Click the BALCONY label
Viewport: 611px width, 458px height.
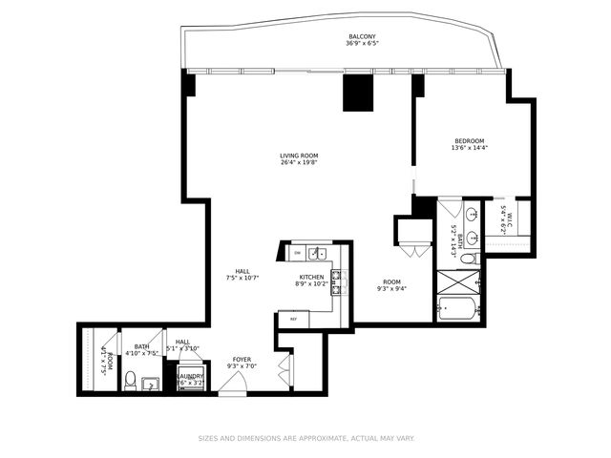tap(362, 37)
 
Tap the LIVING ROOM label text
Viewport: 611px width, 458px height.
tap(299, 156)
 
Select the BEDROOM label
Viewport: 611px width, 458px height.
tap(469, 140)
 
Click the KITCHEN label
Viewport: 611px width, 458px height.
tap(312, 277)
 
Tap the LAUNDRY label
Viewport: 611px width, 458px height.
tap(190, 376)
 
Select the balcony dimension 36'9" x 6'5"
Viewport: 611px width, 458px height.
tap(362, 44)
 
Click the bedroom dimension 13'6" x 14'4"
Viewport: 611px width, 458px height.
tap(469, 148)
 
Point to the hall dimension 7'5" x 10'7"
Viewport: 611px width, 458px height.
tap(243, 278)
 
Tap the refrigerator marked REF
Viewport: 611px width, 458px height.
tap(294, 319)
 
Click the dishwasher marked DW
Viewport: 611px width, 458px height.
tap(298, 253)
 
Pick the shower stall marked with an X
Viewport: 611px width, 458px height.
tap(459, 281)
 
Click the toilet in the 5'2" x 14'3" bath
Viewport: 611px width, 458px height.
tap(469, 257)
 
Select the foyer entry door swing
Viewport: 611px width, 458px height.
tap(230, 385)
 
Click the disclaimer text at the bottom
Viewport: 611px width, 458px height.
tap(305, 439)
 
